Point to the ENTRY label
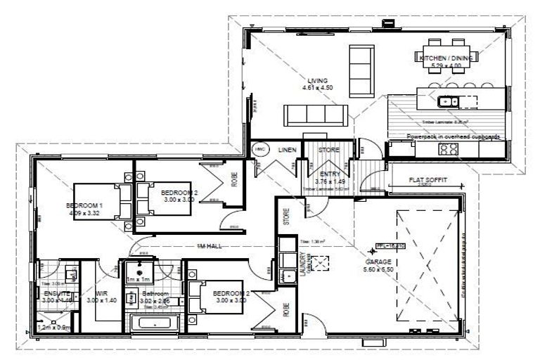coord(329,174)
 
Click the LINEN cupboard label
coord(287,150)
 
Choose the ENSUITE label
coord(53,293)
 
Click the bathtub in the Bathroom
coord(155,325)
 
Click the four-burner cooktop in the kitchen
coord(449,148)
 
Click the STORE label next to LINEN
coord(328,150)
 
